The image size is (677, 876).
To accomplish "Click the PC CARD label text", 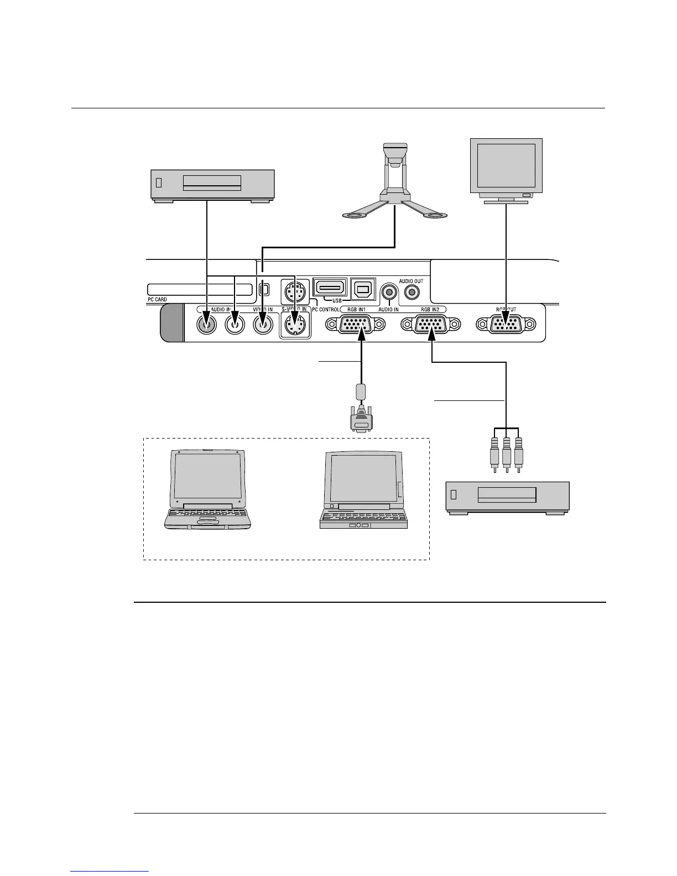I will pos(158,300).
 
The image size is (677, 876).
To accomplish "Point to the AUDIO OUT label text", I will pos(411,281).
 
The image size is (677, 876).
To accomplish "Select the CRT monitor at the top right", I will pos(506,169).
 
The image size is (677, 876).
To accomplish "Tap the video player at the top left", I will pos(213,185).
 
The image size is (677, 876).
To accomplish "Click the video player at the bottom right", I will pos(508,497).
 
